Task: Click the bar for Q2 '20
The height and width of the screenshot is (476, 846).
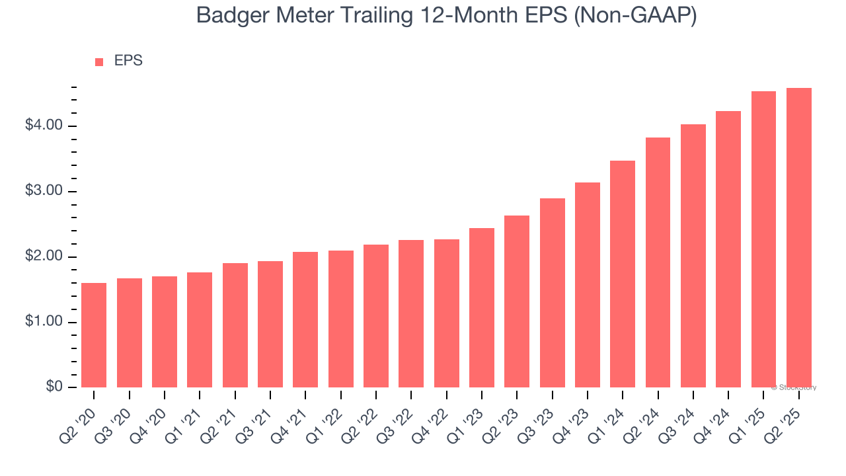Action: [94, 335]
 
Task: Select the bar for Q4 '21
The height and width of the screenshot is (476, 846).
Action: [305, 319]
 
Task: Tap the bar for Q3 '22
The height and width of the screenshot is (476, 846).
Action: [411, 313]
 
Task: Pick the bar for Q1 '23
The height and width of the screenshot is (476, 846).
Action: [482, 307]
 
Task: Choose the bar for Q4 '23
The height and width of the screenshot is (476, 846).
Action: [588, 285]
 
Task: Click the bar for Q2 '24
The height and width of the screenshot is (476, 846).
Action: [658, 262]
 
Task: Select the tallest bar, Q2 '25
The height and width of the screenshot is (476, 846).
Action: [799, 237]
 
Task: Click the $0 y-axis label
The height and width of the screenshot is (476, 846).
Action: [54, 387]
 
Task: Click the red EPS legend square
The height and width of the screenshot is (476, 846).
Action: [99, 62]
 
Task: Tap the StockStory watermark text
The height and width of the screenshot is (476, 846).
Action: [796, 387]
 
